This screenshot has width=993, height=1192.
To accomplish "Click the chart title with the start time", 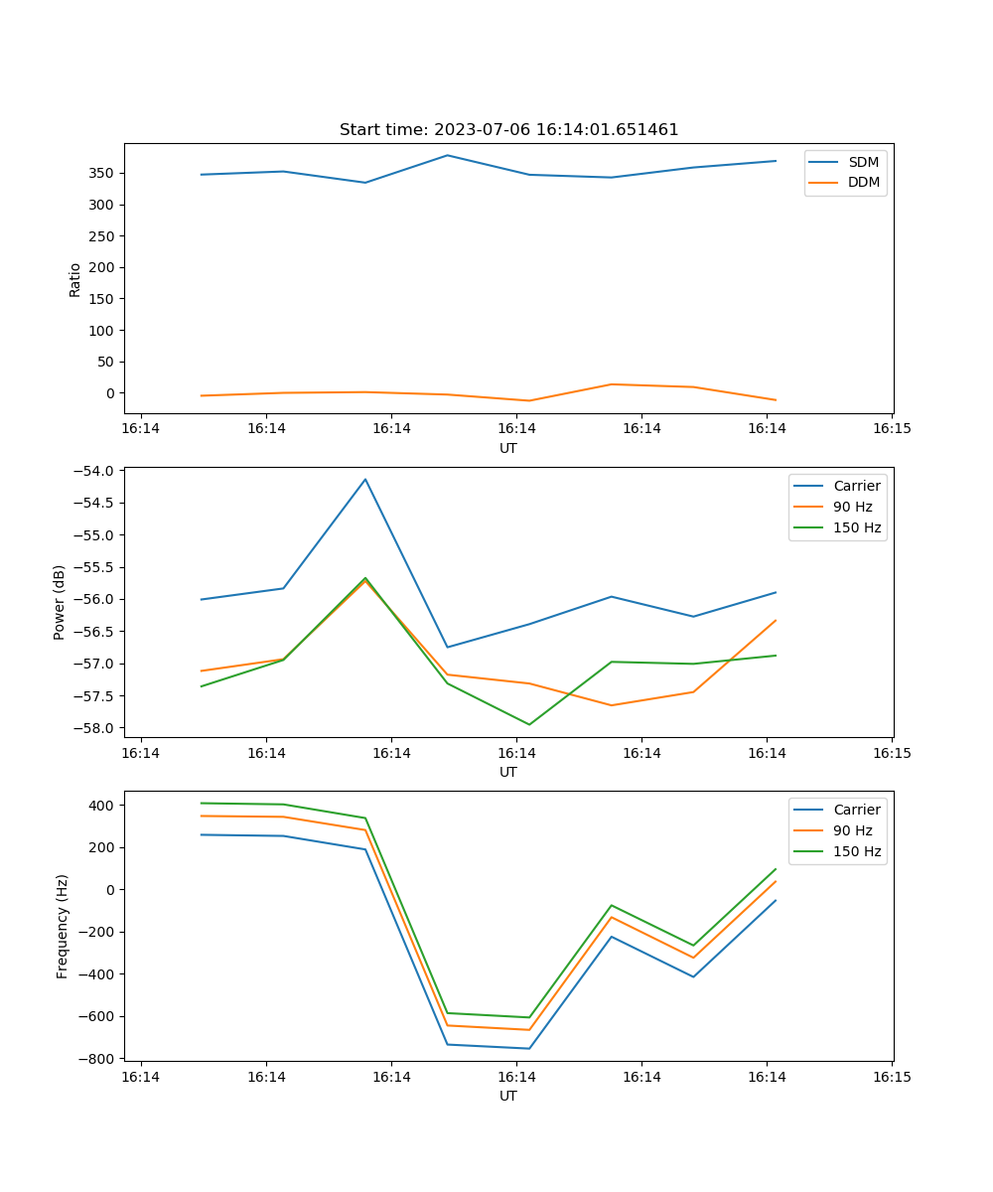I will click(508, 130).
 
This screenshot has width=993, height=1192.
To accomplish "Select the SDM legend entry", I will click(863, 162).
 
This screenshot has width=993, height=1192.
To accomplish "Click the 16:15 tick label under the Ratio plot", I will click(892, 429).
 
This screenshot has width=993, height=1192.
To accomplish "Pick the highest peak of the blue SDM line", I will click(447, 155).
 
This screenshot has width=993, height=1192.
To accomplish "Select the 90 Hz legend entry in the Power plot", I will click(853, 507).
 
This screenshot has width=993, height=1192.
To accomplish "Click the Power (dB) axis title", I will click(60, 602).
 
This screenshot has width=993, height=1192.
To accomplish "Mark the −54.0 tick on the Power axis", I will click(97, 471).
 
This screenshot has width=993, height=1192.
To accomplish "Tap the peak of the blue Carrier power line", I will click(365, 479).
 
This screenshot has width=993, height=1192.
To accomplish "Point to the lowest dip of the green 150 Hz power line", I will click(529, 724).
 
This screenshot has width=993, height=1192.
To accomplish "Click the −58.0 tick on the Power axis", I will click(97, 728).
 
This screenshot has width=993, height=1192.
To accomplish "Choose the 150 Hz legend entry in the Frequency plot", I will click(857, 851).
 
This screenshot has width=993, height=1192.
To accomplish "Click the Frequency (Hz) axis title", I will click(63, 926).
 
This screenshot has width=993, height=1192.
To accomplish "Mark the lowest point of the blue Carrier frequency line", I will click(529, 1048).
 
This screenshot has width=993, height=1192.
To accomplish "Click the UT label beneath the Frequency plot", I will click(508, 1096).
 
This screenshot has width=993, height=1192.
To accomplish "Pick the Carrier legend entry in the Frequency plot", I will click(857, 810).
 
